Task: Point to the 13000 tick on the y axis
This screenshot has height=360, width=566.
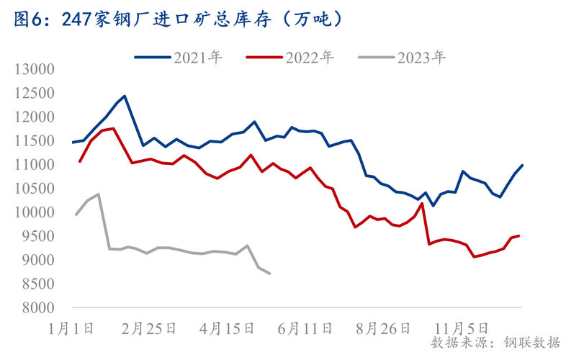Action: tap(35, 69)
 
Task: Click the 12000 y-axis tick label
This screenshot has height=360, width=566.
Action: tap(35, 117)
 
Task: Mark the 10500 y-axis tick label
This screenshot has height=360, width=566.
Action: tap(35, 189)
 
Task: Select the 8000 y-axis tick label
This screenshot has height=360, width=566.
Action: tap(38, 308)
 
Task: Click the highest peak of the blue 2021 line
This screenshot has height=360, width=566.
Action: tap(125, 96)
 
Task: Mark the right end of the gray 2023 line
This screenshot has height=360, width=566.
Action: tap(269, 274)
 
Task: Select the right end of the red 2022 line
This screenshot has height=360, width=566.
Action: tap(519, 235)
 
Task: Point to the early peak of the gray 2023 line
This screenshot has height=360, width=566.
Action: tap(98, 194)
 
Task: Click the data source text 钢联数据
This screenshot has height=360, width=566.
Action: tap(532, 343)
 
